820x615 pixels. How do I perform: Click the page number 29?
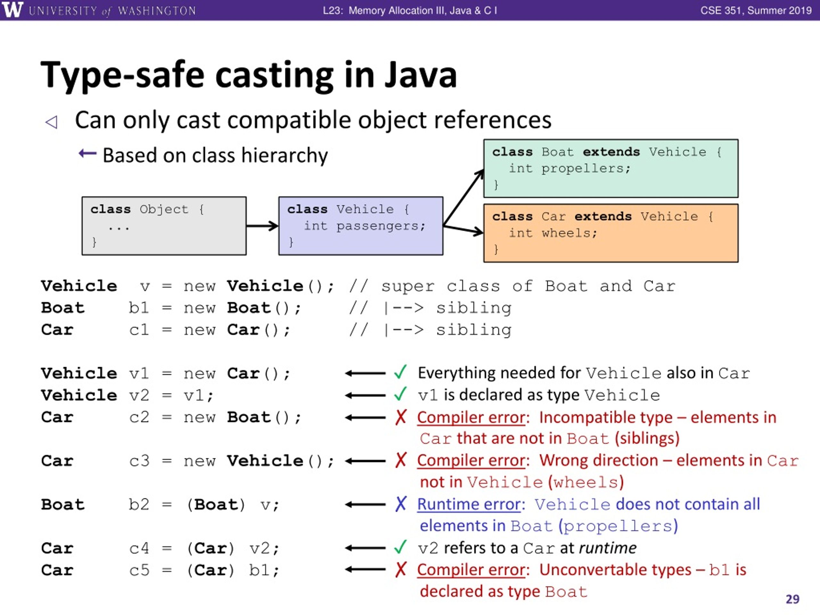[792, 599]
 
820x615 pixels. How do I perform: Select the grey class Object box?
[164, 226]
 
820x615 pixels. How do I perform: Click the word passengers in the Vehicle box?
[380, 226]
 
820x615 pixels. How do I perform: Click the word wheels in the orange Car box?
[569, 233]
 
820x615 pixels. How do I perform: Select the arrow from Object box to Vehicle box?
[262, 226]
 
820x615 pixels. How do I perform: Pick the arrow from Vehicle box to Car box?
[463, 229]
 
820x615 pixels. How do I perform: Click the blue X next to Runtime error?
[401, 504]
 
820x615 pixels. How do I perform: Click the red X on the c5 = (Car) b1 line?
[401, 570]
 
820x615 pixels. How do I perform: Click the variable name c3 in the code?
[139, 461]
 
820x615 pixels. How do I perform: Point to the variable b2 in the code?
[139, 504]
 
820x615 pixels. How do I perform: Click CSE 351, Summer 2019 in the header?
[756, 10]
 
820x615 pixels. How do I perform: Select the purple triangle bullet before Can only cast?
[52, 122]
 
